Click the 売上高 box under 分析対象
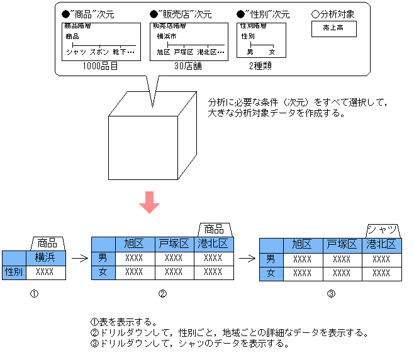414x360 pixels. pos(333,28)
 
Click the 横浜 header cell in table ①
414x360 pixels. pos(45,257)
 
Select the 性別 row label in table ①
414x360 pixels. pos(13,272)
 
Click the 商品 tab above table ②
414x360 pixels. pos(215,228)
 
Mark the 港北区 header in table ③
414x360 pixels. pos(381,244)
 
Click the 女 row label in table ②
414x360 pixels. pos(103,272)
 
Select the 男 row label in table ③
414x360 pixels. pos(271,259)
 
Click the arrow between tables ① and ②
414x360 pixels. pos(79,257)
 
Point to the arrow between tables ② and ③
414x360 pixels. pos(247,257)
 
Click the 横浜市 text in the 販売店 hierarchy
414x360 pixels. pos(167,36)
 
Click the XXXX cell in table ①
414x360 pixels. pos(45,272)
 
